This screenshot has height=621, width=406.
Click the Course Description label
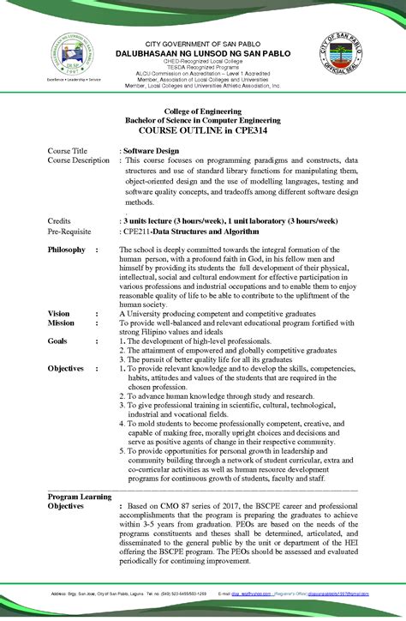coord(79,160)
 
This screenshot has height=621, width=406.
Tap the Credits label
coord(59,220)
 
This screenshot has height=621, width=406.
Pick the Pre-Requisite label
coord(69,231)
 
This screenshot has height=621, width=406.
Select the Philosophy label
coord(67,250)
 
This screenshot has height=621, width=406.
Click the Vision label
coord(59,314)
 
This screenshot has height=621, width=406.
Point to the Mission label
coord(61,323)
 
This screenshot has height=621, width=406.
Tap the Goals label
coord(58,341)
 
